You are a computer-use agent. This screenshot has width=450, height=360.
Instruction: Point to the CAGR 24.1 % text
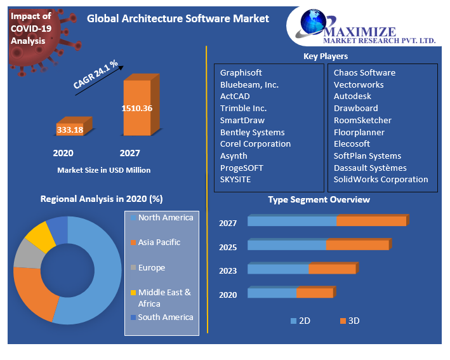tap(96, 74)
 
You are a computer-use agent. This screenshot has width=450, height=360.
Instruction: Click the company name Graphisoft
tap(241, 72)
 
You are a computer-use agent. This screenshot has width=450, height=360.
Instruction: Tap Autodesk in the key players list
tap(352, 96)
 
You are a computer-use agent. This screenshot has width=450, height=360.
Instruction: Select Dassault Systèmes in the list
tap(370, 168)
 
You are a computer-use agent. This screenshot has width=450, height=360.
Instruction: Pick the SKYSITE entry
tap(235, 179)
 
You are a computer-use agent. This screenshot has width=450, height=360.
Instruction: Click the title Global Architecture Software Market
tap(178, 18)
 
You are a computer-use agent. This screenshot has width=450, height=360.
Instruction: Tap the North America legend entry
tap(165, 218)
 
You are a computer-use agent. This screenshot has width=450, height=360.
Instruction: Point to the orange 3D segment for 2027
tap(371, 221)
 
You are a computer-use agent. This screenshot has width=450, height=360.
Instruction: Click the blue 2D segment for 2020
tap(272, 293)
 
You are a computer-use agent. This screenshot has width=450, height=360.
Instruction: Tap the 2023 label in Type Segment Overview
tap(228, 270)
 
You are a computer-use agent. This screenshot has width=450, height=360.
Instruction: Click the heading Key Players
tap(326, 57)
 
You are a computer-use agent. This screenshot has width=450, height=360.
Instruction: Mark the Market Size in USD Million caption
tap(104, 170)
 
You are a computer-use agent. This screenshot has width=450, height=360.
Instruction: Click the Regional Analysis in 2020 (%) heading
tap(102, 199)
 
